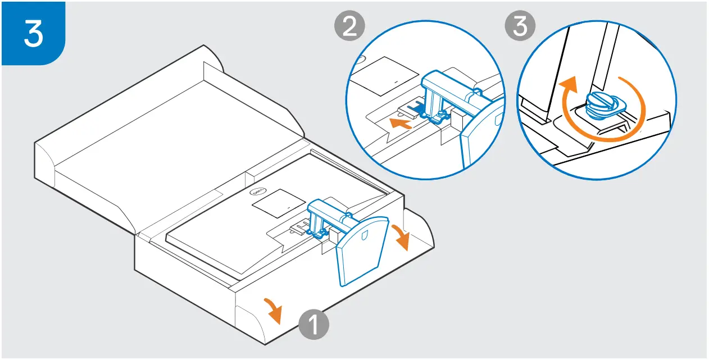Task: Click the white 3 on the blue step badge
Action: coord(33,33)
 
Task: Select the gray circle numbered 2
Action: coord(349,27)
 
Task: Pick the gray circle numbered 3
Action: coord(520,27)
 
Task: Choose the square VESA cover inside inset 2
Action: coord(388,76)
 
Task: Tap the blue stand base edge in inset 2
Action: coord(478,135)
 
